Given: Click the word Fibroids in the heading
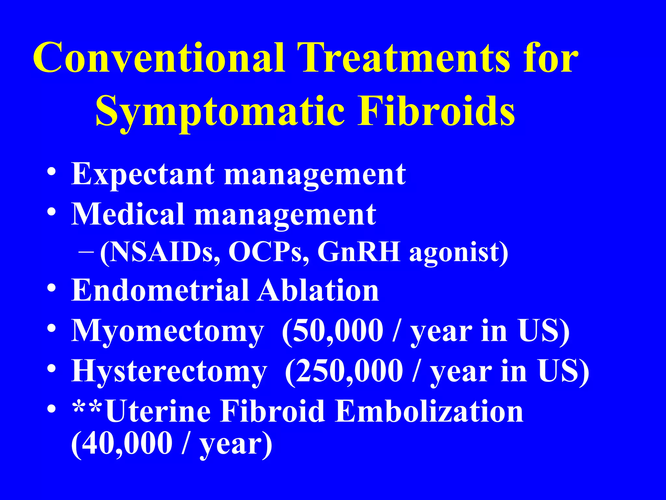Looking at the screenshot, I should (x=436, y=111).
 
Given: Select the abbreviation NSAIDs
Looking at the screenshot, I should (x=159, y=252).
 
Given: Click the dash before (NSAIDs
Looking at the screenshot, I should (x=86, y=252).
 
